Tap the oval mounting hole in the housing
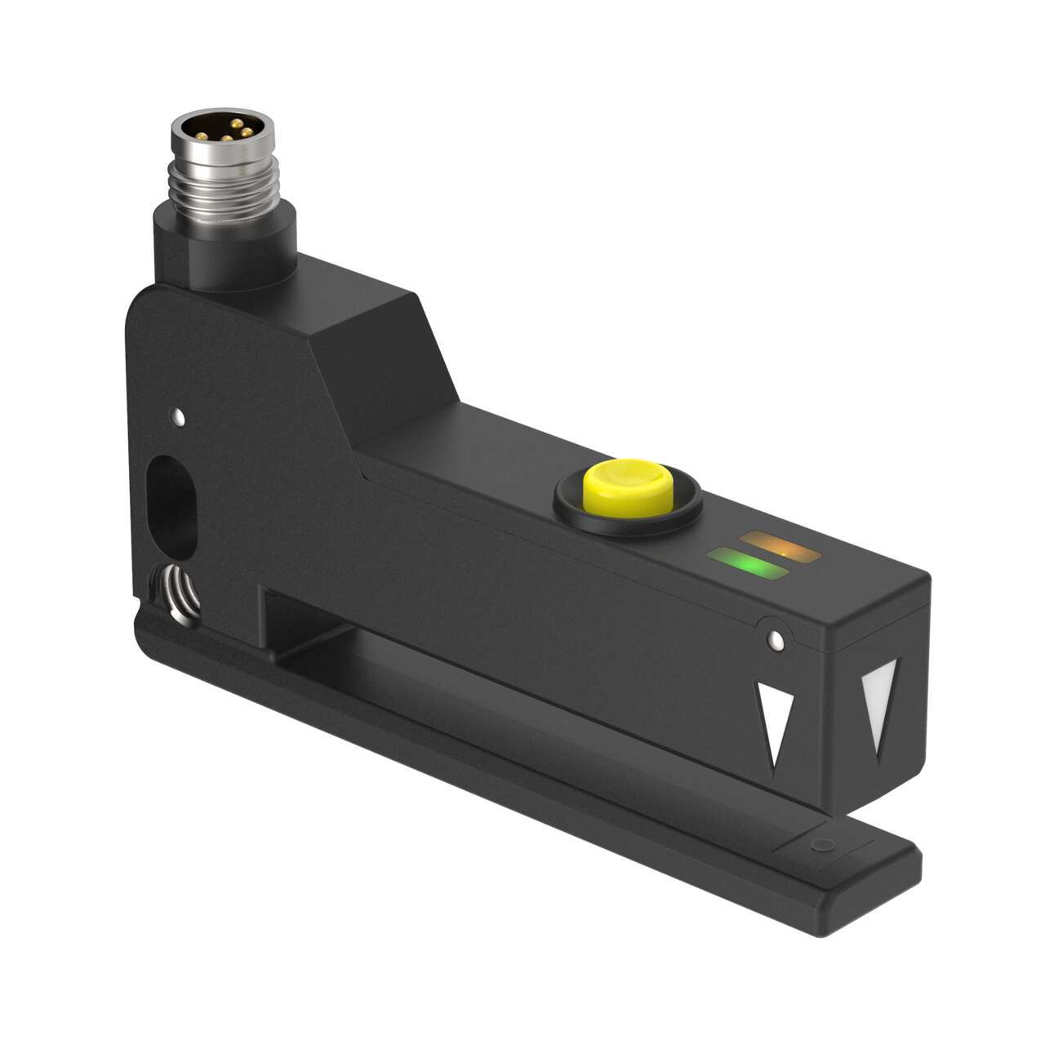pos(172,498)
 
